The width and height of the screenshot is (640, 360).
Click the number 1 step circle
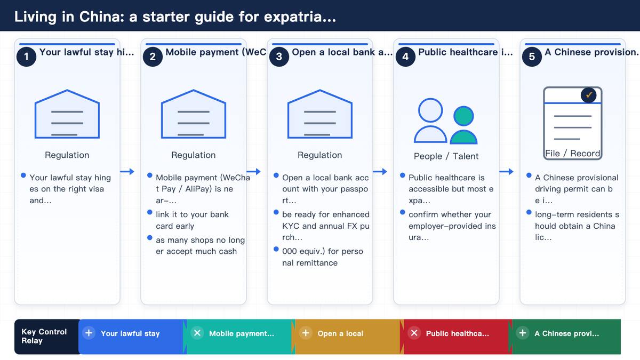click(26, 57)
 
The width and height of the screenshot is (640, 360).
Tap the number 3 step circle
click(279, 57)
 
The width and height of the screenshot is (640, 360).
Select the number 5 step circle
click(532, 57)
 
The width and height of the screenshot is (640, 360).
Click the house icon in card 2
click(194, 114)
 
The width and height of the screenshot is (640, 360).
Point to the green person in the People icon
click(463, 125)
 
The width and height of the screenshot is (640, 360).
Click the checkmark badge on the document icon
click(588, 95)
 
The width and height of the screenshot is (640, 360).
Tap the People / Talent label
click(446, 156)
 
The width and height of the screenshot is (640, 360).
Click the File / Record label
click(573, 154)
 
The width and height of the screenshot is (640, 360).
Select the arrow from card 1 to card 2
click(127, 171)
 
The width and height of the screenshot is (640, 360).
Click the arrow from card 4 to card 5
click(506, 171)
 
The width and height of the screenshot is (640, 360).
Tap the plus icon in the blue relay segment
click(89, 333)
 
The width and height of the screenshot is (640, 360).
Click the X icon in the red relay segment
click(414, 333)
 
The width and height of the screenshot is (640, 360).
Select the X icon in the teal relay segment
click(197, 333)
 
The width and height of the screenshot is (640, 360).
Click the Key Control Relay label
click(44, 336)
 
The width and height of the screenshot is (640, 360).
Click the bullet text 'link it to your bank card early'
click(192, 220)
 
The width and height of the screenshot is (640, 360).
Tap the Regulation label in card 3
click(319, 155)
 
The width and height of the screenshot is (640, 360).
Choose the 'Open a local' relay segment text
click(340, 333)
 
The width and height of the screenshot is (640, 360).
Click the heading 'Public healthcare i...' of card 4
click(466, 52)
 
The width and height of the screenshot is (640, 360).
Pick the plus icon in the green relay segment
click(522, 333)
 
